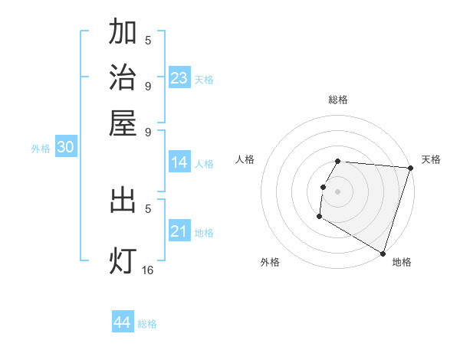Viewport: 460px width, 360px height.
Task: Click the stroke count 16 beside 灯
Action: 148,270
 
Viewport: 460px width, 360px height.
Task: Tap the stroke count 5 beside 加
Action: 148,41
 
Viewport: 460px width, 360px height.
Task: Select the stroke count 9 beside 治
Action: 148,85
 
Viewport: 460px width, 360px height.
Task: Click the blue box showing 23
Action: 179,77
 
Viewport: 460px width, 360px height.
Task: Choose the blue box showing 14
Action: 179,162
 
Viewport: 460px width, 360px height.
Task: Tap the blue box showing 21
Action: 179,231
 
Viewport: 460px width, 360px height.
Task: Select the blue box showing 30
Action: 66,148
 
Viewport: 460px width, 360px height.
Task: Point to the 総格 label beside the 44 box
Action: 147,324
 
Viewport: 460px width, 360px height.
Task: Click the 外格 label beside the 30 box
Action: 41,149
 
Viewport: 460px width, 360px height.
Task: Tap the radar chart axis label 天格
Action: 431,159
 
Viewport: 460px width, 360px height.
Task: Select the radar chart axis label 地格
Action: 402,262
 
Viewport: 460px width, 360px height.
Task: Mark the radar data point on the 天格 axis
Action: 410,169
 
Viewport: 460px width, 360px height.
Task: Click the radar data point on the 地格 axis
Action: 382,252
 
